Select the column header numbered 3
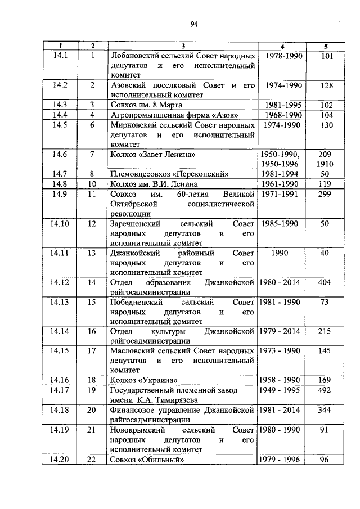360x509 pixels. coord(183,46)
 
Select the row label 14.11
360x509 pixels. coord(60,253)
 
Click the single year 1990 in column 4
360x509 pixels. coord(280,253)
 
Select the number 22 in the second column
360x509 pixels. coord(92,459)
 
